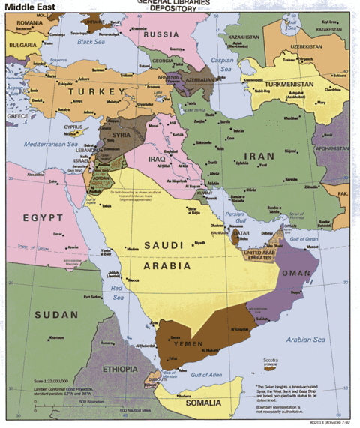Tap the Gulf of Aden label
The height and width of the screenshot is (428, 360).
[209, 374]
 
